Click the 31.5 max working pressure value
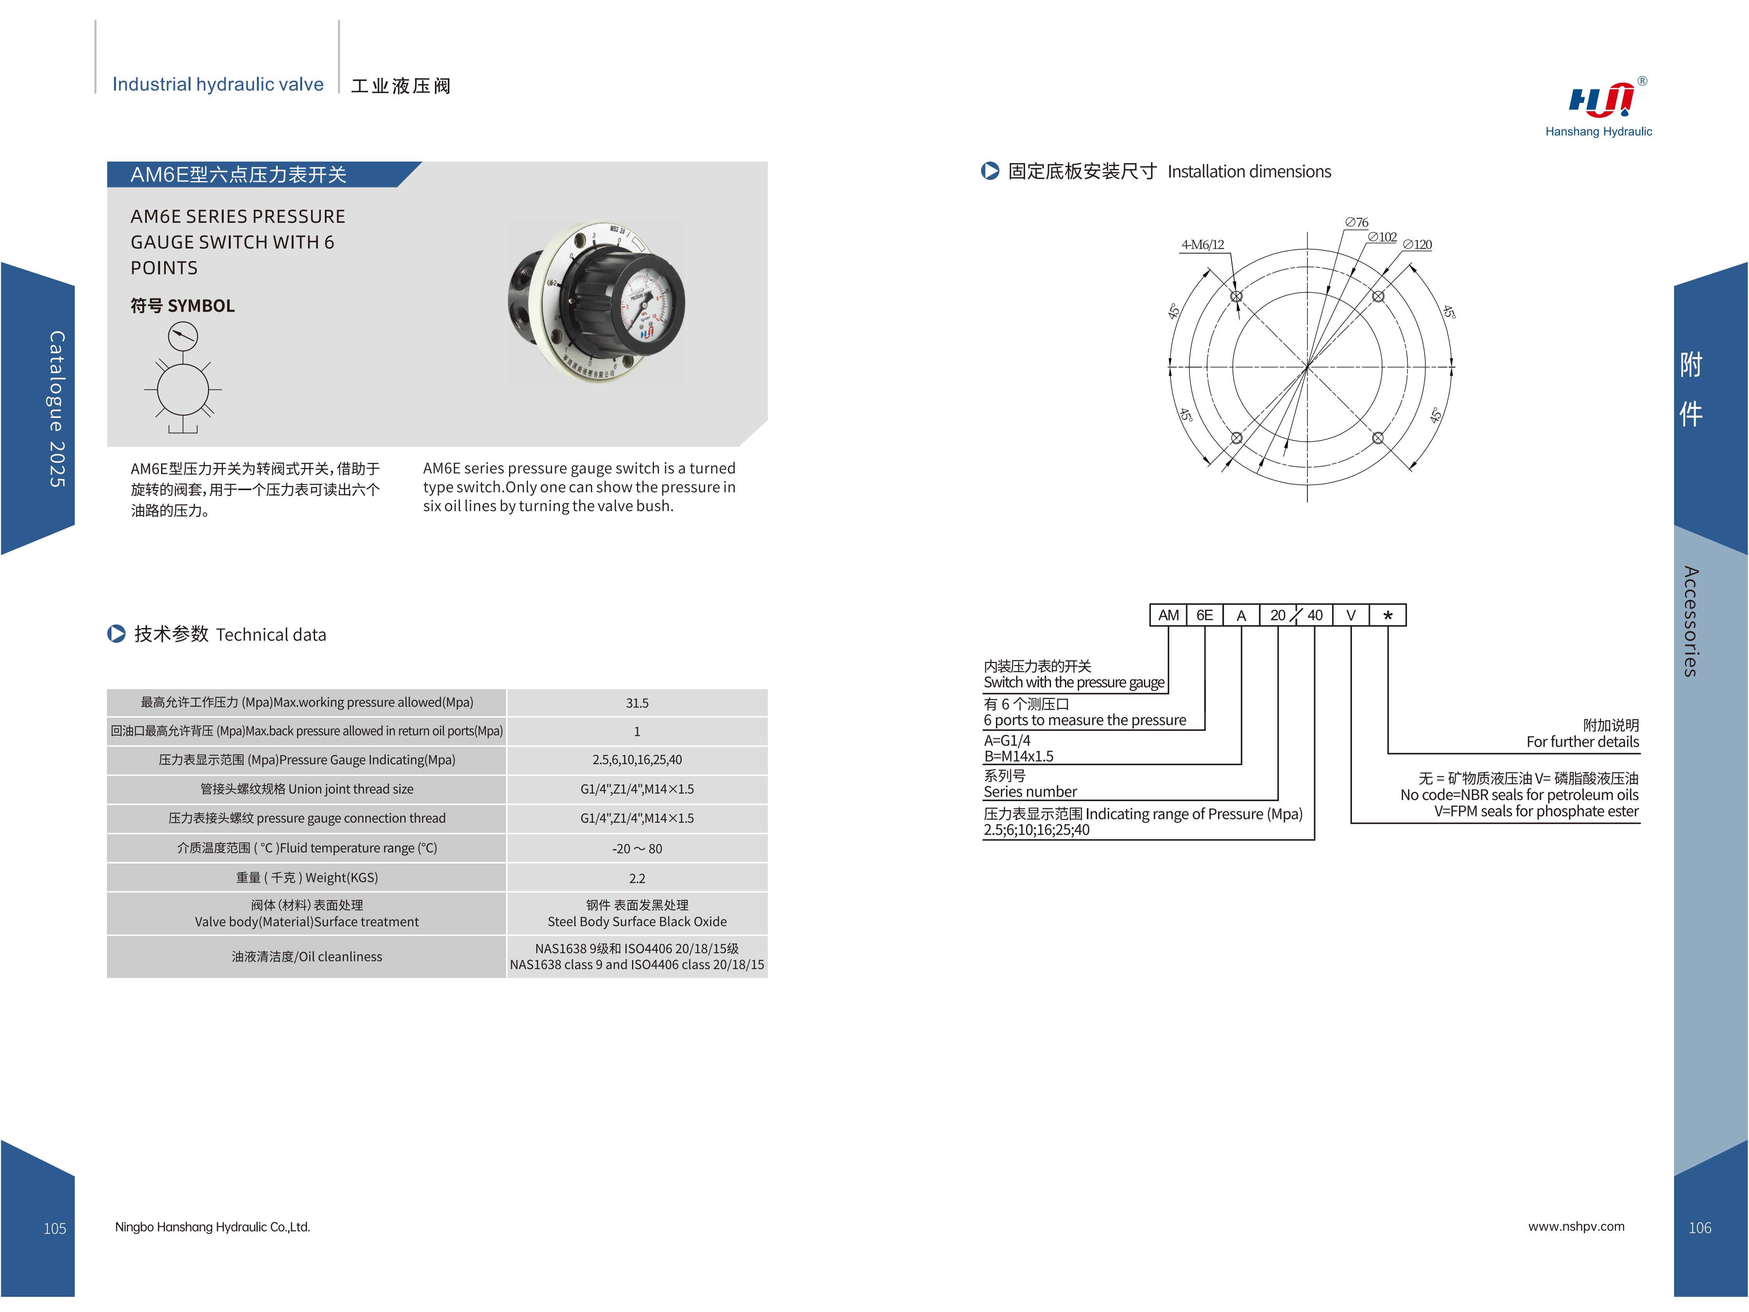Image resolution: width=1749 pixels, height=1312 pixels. click(x=636, y=702)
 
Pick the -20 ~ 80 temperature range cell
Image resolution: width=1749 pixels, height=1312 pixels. click(x=636, y=848)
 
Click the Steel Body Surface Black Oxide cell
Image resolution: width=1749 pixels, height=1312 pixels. click(x=636, y=914)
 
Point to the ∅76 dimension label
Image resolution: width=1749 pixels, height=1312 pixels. click(x=1357, y=223)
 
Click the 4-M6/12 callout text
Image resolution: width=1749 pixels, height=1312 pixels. click(x=1202, y=245)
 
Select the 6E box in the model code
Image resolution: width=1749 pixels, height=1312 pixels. click(x=1204, y=615)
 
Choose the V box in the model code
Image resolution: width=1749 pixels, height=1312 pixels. click(x=1350, y=615)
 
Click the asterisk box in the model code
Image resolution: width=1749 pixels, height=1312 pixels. click(x=1387, y=615)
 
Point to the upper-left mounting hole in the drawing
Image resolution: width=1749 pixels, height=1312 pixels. click(x=1237, y=296)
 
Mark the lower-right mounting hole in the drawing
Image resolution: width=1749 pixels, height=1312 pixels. click(x=1377, y=438)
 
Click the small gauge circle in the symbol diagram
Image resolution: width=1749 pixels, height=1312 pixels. click(x=183, y=337)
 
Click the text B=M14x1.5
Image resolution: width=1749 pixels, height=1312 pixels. click(x=1019, y=756)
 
